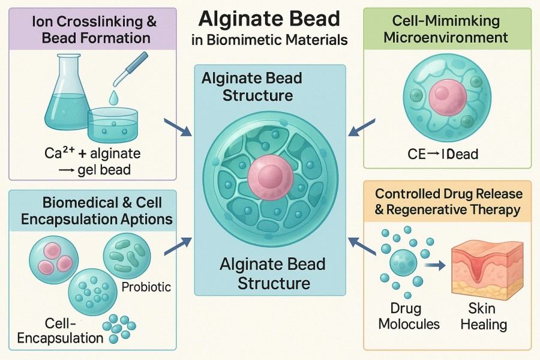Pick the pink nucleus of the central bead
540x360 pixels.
point(269,166)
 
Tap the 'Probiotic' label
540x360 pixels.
point(146,286)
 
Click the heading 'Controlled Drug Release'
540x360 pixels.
point(449,194)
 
